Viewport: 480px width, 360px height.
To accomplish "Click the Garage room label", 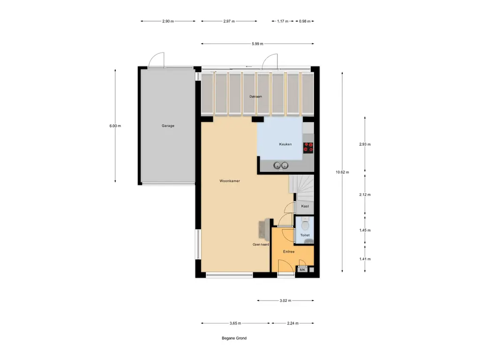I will pos(168,126).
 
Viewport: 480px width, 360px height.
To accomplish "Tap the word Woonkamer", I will pos(230,180).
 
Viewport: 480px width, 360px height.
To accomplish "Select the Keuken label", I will pos(285,144).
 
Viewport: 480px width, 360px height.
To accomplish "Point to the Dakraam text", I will pos(255,97).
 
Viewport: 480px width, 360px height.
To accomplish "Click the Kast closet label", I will pos(305,206).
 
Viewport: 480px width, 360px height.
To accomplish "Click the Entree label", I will pos(289,252).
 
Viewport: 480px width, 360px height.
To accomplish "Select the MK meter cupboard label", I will pos(302,270).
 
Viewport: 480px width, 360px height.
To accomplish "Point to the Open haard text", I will pos(261,245).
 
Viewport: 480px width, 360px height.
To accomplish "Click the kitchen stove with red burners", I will pos(308,148).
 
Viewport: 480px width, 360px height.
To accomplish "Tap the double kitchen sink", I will pos(281,165).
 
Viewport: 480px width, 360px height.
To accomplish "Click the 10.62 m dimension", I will pos(343,172).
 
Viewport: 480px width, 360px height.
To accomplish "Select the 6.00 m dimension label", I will pos(115,126).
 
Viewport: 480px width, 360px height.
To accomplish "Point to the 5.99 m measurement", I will pos(257,44).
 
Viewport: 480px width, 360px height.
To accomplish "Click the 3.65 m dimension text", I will pos(235,323).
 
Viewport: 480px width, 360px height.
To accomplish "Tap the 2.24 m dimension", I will pos(292,323).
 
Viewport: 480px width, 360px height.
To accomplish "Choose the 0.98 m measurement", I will pos(305,21).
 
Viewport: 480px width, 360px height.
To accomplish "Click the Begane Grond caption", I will pos(234,338).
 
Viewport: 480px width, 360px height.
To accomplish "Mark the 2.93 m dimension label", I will pos(365,144).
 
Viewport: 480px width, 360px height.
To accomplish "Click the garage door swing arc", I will pos(157,59).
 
